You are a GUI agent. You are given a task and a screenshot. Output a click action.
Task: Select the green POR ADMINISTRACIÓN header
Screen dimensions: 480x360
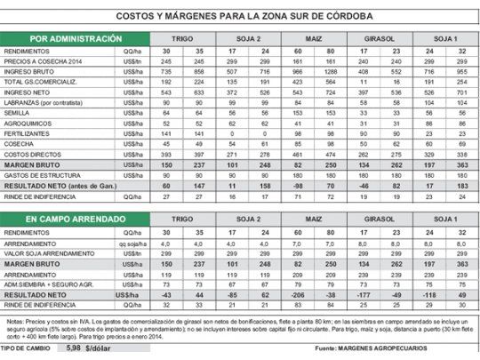75,40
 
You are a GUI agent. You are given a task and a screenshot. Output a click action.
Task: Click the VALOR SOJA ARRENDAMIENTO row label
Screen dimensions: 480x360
52,252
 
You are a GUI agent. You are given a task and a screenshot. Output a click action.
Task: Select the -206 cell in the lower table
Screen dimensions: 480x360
300,294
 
